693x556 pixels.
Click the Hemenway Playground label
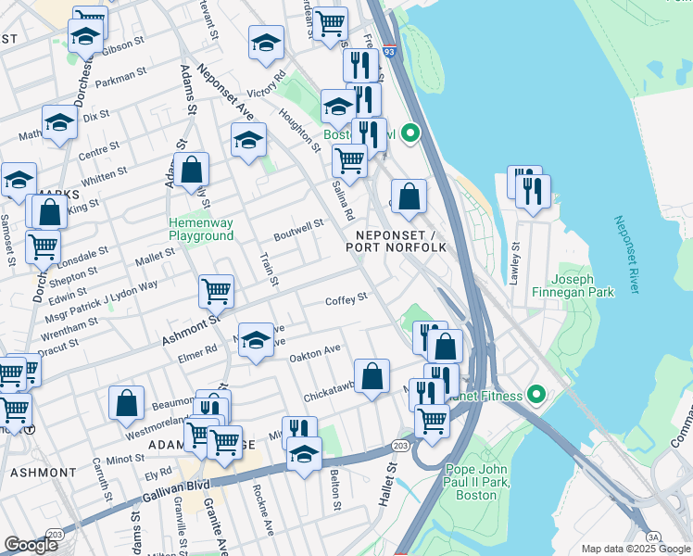click(201, 229)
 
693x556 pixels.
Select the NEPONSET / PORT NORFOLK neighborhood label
click(397, 241)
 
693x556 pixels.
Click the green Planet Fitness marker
click(535, 396)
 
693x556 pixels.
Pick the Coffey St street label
click(346, 298)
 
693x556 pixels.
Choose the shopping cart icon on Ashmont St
click(216, 290)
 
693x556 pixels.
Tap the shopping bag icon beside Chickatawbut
click(372, 376)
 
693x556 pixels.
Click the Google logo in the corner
click(31, 545)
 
